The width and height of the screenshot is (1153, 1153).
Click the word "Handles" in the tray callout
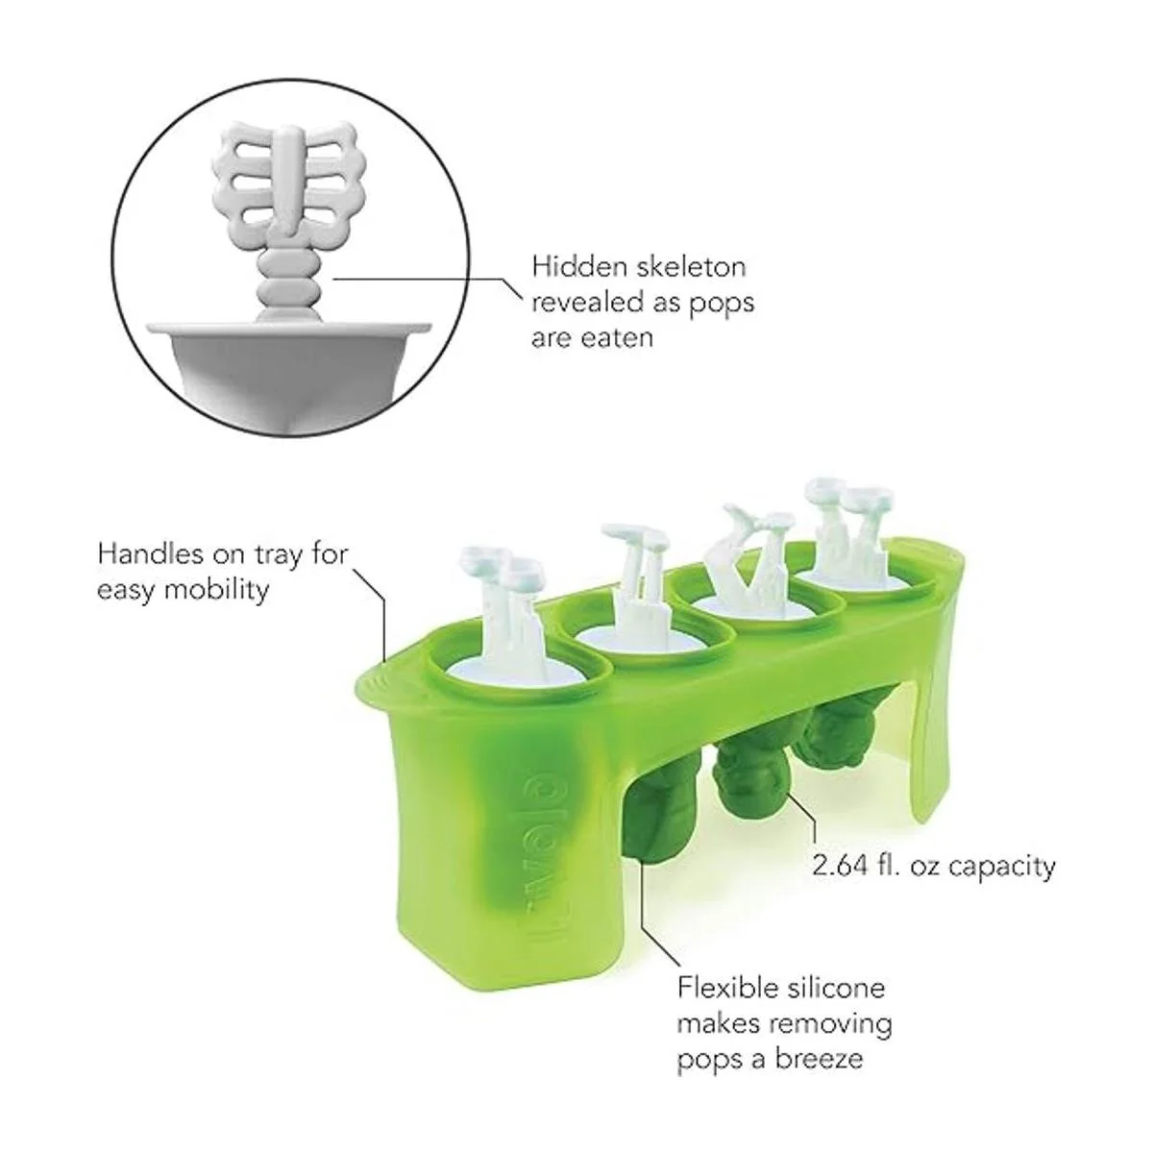(x=150, y=554)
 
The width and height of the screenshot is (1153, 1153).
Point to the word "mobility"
(x=216, y=591)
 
